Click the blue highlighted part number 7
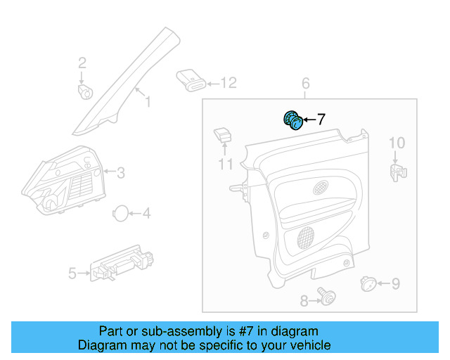tap(292, 121)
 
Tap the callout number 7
tap(321, 120)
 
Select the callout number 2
tap(82, 62)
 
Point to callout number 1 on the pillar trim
tap(148, 103)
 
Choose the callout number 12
tap(229, 84)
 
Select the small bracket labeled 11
tap(224, 134)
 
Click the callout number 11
tap(225, 165)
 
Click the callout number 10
tap(397, 143)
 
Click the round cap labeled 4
tap(122, 213)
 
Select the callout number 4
tap(146, 213)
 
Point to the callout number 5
tap(72, 273)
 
